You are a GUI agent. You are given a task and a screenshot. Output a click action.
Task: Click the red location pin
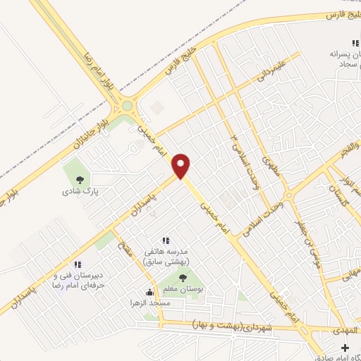(x=183, y=166)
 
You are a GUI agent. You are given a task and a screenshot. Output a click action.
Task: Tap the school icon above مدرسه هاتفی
(x=166, y=241)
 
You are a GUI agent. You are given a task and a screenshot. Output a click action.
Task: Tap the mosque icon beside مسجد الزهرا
(x=149, y=293)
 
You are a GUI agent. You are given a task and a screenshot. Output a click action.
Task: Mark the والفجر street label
(x=346, y=153)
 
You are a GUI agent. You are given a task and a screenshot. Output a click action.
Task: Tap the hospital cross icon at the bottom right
(x=345, y=348)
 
